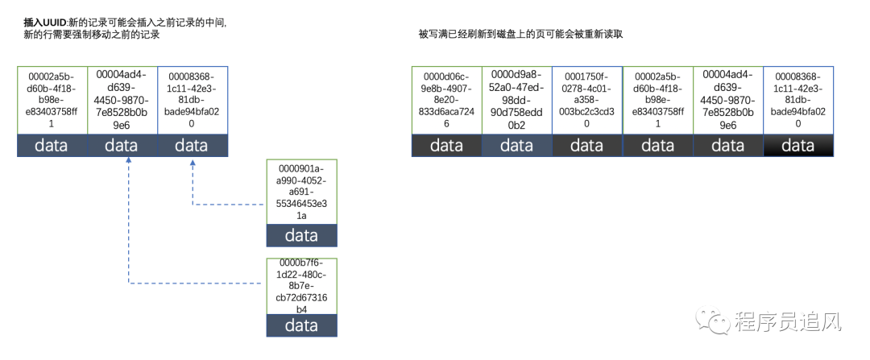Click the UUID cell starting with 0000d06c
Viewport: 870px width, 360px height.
(445, 101)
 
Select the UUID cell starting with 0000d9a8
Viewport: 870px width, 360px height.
(516, 101)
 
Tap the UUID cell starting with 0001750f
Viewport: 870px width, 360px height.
(586, 101)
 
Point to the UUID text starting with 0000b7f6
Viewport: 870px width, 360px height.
(301, 286)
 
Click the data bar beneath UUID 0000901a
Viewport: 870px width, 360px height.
(301, 236)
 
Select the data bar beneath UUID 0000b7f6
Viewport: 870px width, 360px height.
(301, 325)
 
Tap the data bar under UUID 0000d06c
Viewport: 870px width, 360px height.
(445, 145)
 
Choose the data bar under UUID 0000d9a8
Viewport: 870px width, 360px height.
(516, 145)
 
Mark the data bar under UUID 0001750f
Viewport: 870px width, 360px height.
(586, 145)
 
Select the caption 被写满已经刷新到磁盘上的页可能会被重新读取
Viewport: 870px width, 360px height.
(520, 34)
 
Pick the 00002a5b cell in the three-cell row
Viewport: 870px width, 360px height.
(52, 101)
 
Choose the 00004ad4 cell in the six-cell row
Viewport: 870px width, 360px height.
(727, 101)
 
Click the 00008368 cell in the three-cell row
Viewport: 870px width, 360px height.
(191, 101)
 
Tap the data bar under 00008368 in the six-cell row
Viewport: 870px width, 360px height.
(797, 145)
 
